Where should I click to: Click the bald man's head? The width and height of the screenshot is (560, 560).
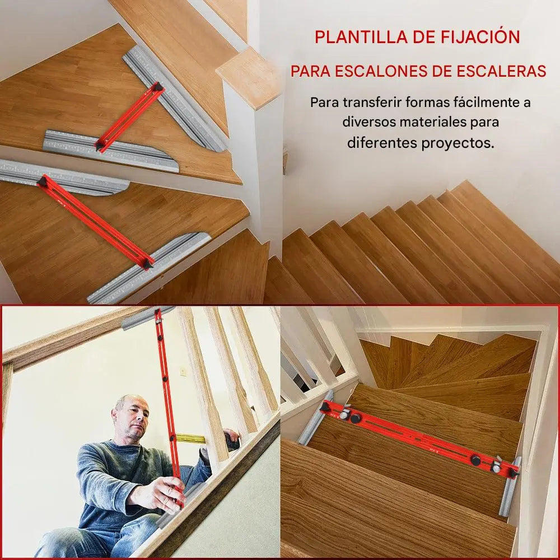[130, 416]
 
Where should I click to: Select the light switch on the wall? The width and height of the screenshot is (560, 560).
[183, 371]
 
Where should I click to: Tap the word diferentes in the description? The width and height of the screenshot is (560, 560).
[382, 143]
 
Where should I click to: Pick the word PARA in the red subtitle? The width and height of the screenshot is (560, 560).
[310, 71]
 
